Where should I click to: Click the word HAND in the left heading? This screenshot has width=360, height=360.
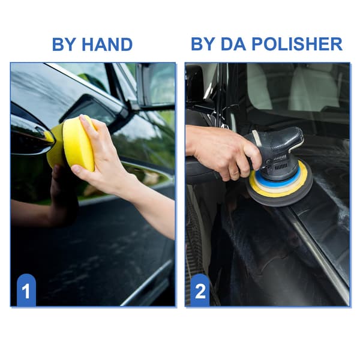pos(107,44)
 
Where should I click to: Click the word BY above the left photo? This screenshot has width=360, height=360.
pos(65,44)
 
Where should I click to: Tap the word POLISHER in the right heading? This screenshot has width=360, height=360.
pos(297,44)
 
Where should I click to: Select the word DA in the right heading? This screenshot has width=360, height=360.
pos(233,44)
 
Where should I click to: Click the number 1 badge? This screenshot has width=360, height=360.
pos(26,290)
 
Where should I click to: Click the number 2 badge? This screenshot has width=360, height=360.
pos(200,290)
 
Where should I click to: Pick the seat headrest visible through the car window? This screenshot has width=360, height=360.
pos(314,87)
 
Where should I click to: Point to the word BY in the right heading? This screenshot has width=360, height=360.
pos(203,44)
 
